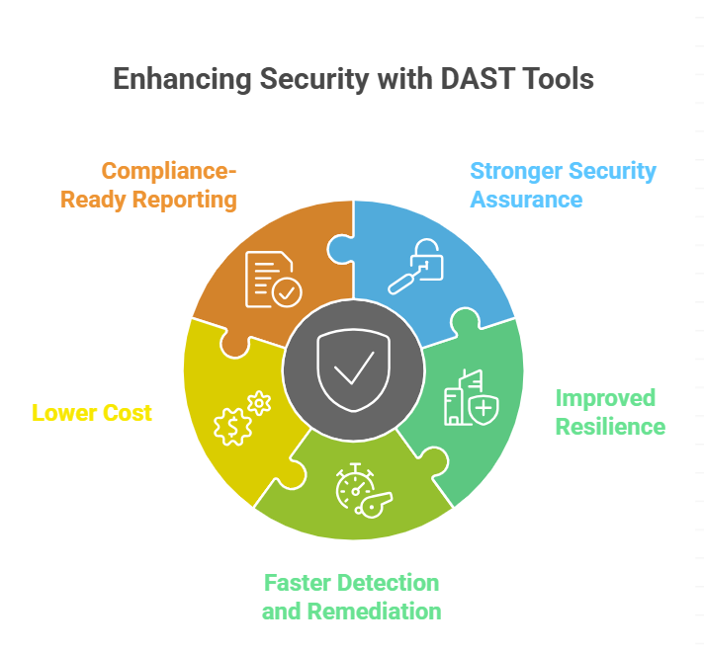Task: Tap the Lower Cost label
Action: click(x=92, y=412)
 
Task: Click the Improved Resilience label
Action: click(x=610, y=412)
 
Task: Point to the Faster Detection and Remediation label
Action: click(x=351, y=596)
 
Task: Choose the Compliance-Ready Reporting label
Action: click(x=149, y=186)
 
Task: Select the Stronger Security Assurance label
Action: click(x=563, y=185)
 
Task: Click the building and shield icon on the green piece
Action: click(x=467, y=398)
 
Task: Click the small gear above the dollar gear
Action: click(x=259, y=401)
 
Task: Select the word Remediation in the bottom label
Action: click(x=374, y=611)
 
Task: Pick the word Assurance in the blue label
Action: click(x=526, y=200)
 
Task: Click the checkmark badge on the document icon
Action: click(x=288, y=291)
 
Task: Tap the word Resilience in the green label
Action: click(x=610, y=426)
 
